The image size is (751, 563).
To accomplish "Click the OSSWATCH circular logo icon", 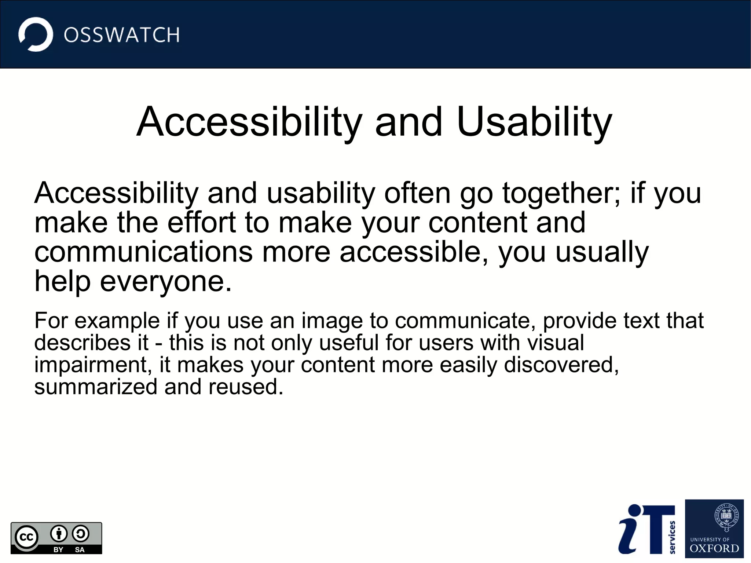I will click(x=36, y=34).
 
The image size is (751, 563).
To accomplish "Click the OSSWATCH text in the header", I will click(x=122, y=35).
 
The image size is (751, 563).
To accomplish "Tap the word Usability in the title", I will click(x=534, y=123).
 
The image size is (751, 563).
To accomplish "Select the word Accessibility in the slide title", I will click(x=249, y=123).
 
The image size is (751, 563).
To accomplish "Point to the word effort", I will click(x=201, y=223).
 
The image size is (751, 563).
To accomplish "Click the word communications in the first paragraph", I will click(x=143, y=252).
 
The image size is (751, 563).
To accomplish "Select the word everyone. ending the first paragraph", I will click(x=166, y=282).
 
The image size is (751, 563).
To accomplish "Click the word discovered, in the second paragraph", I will click(x=561, y=365).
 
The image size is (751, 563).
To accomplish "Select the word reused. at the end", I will click(x=246, y=387).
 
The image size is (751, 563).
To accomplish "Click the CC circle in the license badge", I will click(x=26, y=537).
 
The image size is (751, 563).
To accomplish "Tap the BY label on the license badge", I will click(x=58, y=550).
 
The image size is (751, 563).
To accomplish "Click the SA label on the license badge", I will click(x=80, y=550).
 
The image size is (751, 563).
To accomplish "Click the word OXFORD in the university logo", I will click(x=714, y=549).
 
